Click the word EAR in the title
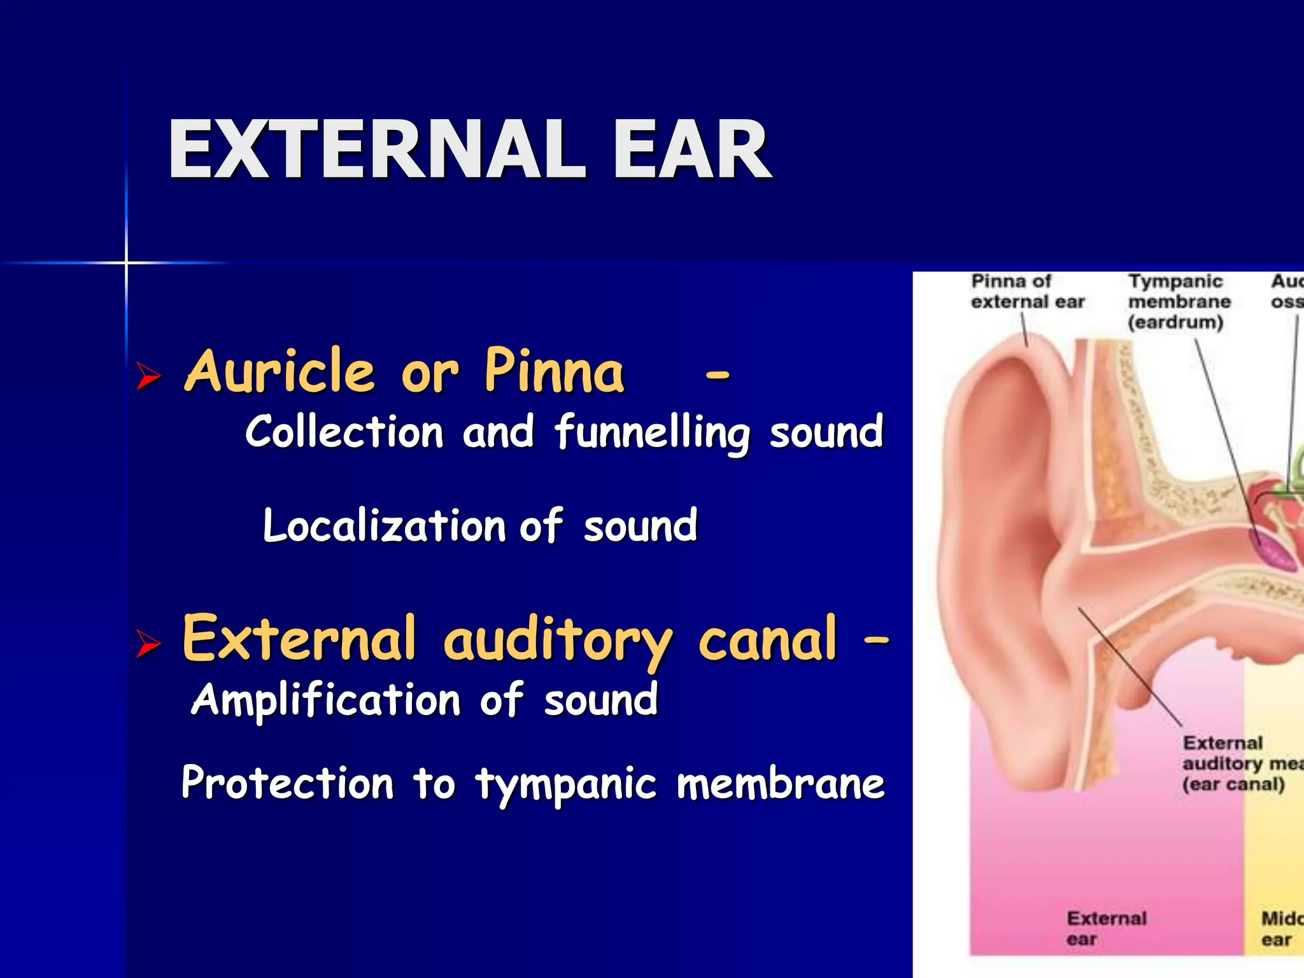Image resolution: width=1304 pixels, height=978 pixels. (x=692, y=150)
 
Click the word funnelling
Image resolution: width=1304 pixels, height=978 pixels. (x=653, y=433)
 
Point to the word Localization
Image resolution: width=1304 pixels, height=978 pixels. (x=384, y=526)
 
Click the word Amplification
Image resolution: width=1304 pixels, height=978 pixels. (x=326, y=700)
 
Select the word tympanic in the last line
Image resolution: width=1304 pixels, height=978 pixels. (x=566, y=784)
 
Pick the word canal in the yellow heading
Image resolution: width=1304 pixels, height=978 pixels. (x=767, y=639)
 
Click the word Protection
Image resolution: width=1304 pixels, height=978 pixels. (x=288, y=783)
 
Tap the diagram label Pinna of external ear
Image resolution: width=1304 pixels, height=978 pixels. (x=1026, y=292)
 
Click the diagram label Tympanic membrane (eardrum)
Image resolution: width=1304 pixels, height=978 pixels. (x=1178, y=302)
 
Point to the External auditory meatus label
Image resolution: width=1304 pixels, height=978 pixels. (x=1235, y=763)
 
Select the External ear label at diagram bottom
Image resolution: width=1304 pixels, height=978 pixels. (x=1106, y=928)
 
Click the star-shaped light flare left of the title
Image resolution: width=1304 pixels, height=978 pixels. (x=126, y=262)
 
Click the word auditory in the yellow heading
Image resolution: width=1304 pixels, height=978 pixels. (x=556, y=639)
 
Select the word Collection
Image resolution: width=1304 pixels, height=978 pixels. (x=344, y=433)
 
